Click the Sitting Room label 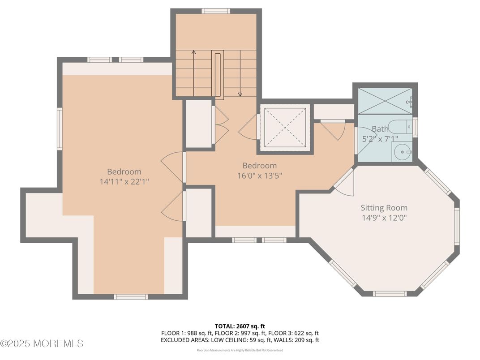(x=384, y=208)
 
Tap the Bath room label (x=380, y=129)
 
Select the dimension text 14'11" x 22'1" (x=124, y=182)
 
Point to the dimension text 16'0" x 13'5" (x=260, y=176)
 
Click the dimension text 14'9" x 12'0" (x=384, y=218)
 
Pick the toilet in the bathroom (x=397, y=127)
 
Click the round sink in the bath (x=403, y=153)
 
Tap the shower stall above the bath (x=385, y=101)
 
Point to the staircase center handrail (x=218, y=74)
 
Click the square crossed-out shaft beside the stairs (x=284, y=127)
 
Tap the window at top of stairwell (x=215, y=11)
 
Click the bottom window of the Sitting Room (x=389, y=294)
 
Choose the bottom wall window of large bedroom (x=130, y=296)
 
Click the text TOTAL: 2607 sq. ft (x=240, y=326)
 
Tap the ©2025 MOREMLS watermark (x=42, y=344)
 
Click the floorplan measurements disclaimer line (x=240, y=350)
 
